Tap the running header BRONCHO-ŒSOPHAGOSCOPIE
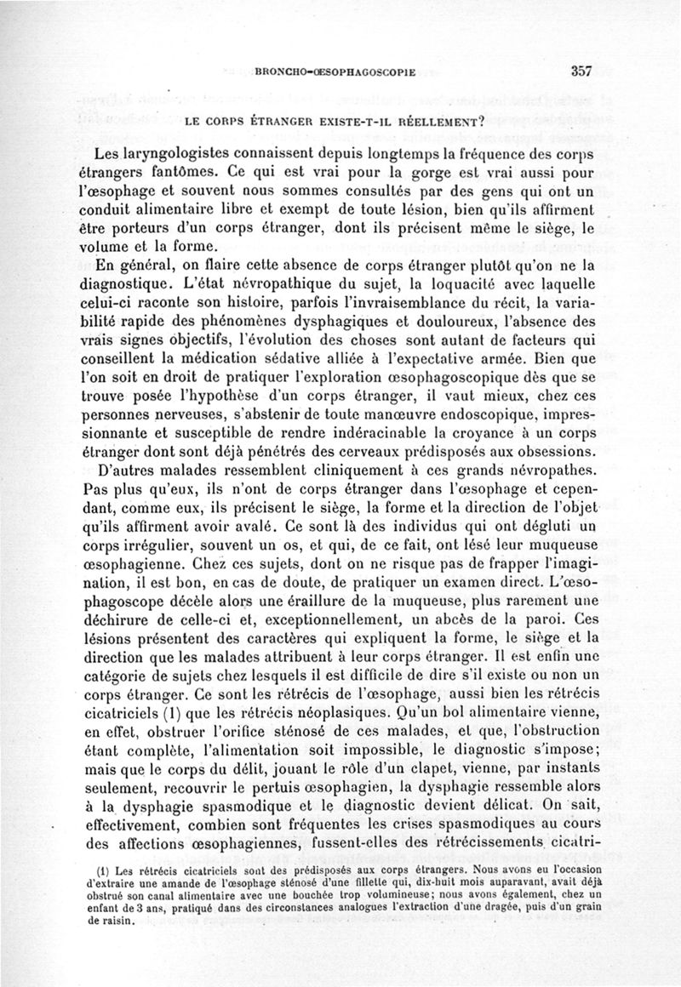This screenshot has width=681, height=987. pyautogui.click(x=335, y=72)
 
